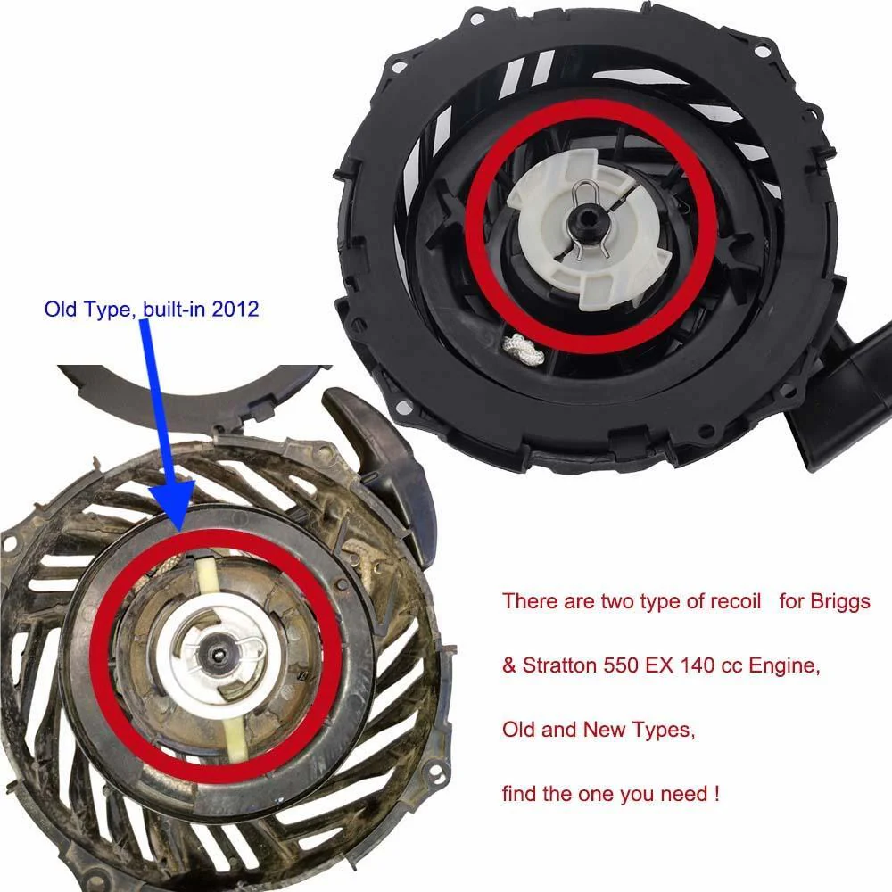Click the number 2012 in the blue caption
coord(235,309)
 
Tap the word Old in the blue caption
coord(62,309)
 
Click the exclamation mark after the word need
coord(716,794)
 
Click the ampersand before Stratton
coord(509,665)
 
